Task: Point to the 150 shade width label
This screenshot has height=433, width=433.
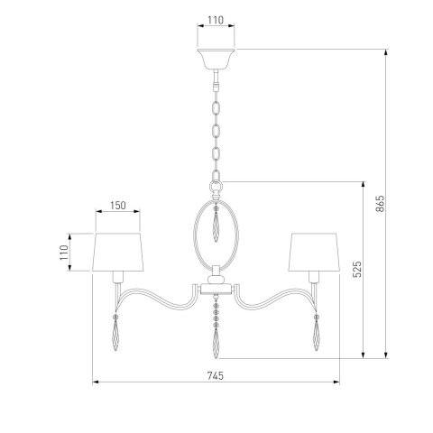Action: [x=118, y=206]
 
